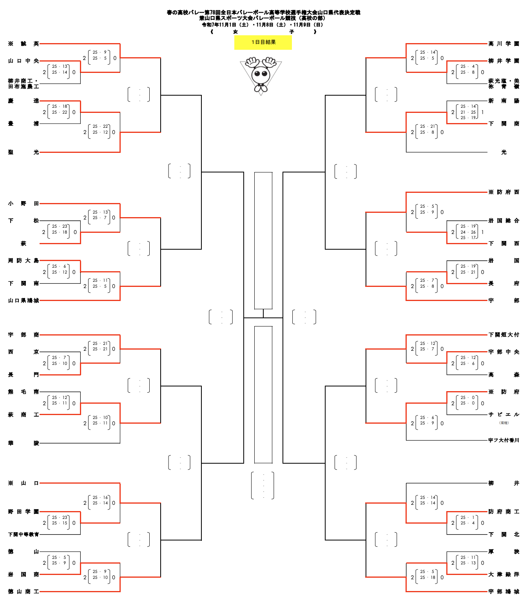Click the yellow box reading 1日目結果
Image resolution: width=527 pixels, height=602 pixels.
[263, 42]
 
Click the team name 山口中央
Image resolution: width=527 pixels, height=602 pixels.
[24, 61]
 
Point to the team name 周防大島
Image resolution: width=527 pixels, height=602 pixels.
[24, 261]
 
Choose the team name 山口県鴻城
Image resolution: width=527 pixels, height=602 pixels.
[24, 301]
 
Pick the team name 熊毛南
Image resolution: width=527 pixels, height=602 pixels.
[24, 392]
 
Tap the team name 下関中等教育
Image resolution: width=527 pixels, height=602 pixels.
[24, 534]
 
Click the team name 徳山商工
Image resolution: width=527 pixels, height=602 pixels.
[24, 591]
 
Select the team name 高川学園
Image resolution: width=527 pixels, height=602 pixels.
[503, 44]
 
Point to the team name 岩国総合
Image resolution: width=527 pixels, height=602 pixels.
[503, 221]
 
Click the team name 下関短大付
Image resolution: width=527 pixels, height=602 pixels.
[503, 335]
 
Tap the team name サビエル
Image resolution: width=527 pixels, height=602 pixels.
[503, 414]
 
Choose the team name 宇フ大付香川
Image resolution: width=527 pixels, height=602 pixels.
[503, 440]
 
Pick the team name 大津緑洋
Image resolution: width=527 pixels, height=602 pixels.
[503, 574]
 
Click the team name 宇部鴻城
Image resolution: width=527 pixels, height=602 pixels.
[503, 591]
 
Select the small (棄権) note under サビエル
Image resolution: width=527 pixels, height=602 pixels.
[504, 423]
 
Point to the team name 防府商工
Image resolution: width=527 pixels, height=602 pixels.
[503, 511]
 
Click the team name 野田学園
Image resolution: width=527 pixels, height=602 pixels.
[24, 511]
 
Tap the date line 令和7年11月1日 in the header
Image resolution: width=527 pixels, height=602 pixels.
[263, 25]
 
